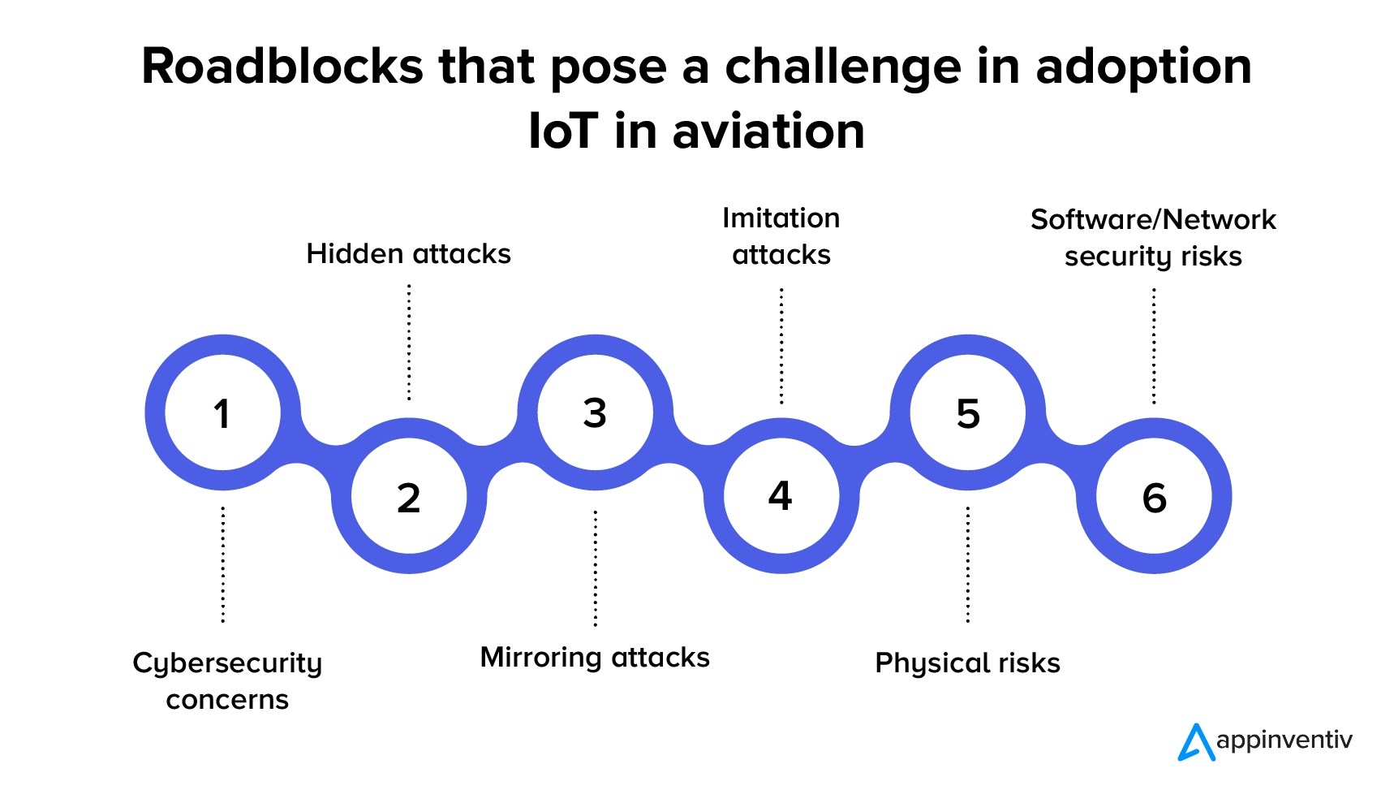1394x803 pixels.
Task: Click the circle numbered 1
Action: coord(222,412)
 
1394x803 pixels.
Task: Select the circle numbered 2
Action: coord(408,496)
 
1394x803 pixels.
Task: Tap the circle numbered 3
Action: coord(595,412)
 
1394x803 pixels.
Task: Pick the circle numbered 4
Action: coord(781,495)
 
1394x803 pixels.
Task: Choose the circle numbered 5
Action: coord(967,412)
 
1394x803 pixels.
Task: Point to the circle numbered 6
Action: coord(1154,496)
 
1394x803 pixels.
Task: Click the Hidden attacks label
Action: coord(408,254)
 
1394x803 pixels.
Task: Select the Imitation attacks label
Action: coord(781,236)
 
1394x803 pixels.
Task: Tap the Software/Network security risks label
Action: coord(1153,238)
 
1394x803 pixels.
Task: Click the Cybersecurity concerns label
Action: coord(227,680)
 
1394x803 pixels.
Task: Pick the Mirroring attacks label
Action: coord(595,657)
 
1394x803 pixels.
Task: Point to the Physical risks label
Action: coord(967,663)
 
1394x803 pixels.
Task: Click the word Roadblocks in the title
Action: coord(282,66)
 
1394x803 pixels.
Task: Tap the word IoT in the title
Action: coord(563,132)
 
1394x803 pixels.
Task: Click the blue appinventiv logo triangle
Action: coord(1195,743)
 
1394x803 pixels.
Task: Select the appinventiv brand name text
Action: coord(1284,740)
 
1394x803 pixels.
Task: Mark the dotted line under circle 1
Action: coord(223,564)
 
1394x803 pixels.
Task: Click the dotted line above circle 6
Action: coord(1154,347)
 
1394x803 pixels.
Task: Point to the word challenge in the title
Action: coord(843,67)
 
